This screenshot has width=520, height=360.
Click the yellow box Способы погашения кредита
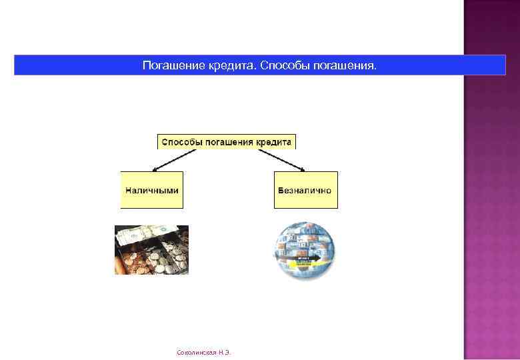click(226, 142)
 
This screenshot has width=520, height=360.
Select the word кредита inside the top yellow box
click(273, 142)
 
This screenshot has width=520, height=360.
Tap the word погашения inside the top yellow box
click(228, 142)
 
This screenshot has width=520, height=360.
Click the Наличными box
click(152, 190)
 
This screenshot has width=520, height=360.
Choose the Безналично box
click(305, 190)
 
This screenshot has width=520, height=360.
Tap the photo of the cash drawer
click(152, 250)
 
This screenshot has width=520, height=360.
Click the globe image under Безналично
click(304, 249)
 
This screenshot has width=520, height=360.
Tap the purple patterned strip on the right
click(491, 180)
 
